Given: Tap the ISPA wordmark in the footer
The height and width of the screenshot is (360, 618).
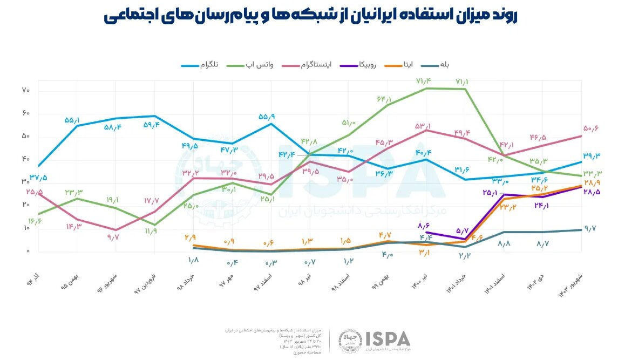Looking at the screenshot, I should pos(388,338).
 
